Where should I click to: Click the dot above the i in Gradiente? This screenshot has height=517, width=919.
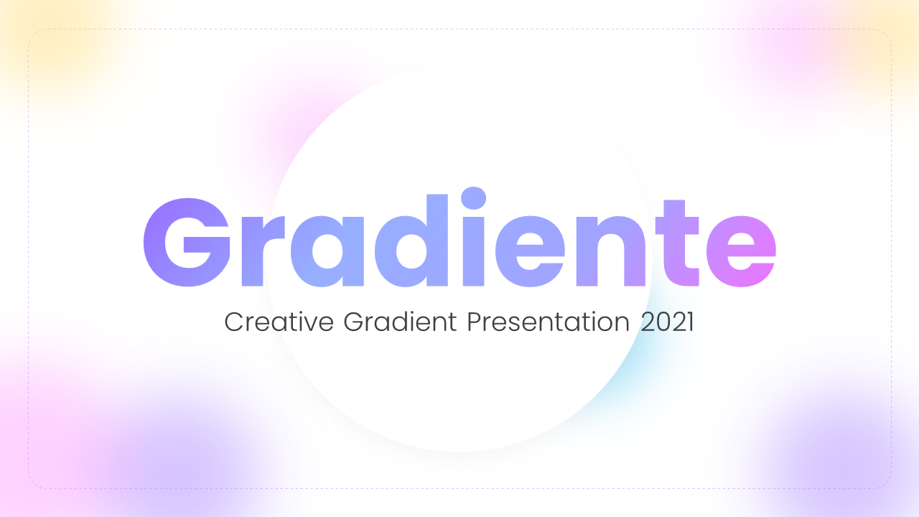tap(473, 198)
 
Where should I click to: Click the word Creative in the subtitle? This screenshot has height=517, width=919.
tap(279, 322)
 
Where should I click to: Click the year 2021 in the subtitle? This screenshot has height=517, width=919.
tap(667, 322)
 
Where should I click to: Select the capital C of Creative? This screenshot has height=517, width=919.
tap(233, 322)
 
